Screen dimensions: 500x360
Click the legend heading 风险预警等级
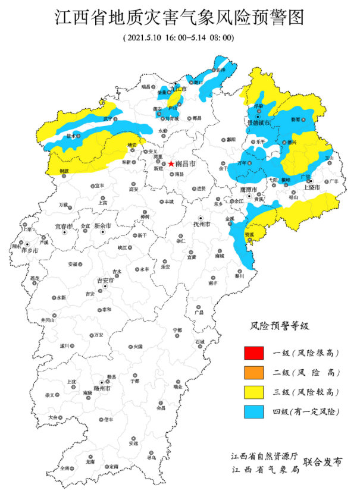pyautogui.click(x=280, y=326)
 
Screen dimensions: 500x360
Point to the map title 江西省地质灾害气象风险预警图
pyautogui.click(x=180, y=18)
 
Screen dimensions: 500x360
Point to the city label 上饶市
pyautogui.click(x=312, y=187)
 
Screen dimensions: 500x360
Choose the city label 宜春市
pyautogui.click(x=63, y=227)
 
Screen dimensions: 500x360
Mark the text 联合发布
pyautogui.click(x=323, y=462)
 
